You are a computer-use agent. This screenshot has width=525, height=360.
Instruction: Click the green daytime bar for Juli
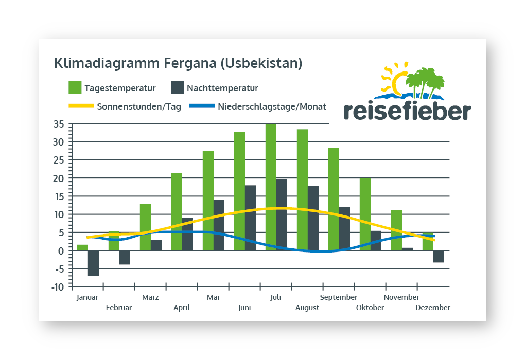point(271,187)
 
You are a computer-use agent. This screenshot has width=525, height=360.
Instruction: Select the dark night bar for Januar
point(93,263)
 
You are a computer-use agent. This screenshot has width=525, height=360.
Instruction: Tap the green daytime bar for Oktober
point(365,214)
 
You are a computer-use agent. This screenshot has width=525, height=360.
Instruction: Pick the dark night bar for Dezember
point(439,256)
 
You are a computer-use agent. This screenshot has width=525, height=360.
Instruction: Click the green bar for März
point(145,227)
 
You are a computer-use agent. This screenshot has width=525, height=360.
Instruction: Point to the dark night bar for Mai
point(219,225)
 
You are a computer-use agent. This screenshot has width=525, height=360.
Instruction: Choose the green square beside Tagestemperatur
point(75,87)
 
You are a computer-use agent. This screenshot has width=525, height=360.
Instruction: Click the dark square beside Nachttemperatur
point(177,87)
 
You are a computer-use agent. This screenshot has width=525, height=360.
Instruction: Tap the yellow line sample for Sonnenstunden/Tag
point(81,106)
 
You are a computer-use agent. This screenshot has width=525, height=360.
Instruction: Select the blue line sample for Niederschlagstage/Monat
point(202,106)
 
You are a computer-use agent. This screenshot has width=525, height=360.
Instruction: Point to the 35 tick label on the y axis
point(59,124)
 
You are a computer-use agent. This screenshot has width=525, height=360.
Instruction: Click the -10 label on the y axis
point(58,287)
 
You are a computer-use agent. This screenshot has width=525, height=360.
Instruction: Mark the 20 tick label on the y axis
point(59,178)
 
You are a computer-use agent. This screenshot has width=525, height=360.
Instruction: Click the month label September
point(339,297)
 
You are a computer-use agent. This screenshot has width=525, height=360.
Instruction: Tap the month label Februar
point(119,308)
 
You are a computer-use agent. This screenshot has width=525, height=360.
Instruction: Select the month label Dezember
point(433,308)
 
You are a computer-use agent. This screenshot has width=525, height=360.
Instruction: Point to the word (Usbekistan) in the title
point(261,63)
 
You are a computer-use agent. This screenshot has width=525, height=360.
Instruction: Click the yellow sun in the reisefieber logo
point(395,79)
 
